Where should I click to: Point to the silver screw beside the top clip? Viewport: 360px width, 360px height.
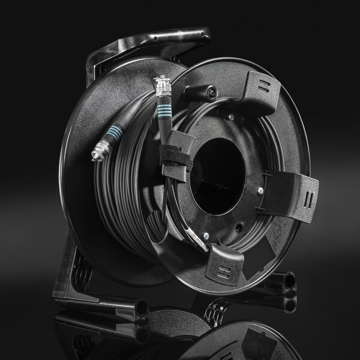pos(231,117)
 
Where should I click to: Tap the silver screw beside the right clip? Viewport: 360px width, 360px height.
pos(260,191)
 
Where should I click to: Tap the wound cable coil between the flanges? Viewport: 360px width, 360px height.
pos(120,198)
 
